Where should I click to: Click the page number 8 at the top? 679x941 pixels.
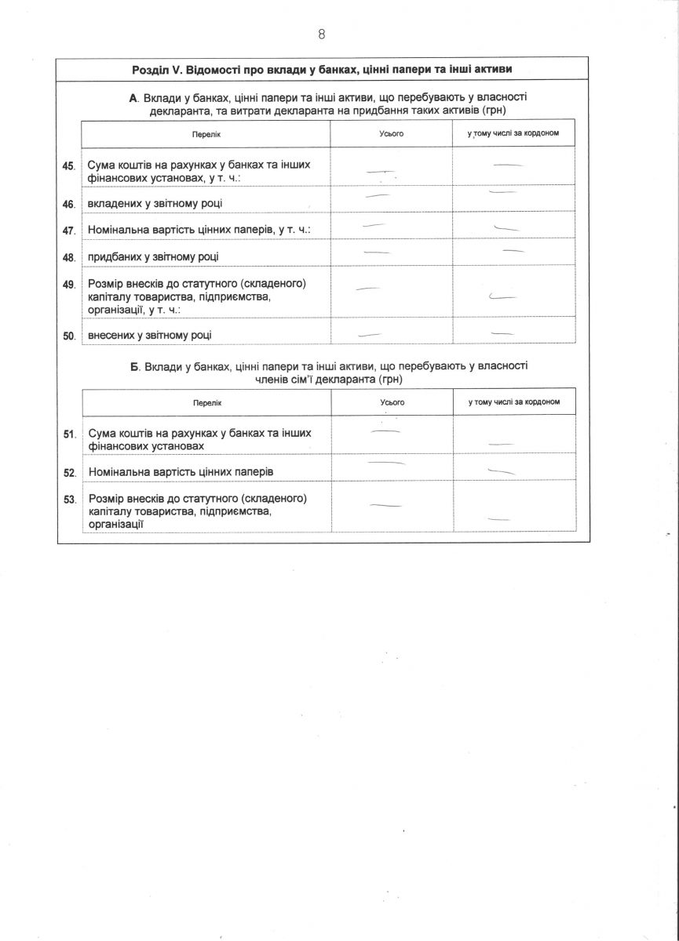pyautogui.click(x=322, y=34)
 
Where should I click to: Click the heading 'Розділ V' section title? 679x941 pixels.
pyautogui.click(x=323, y=70)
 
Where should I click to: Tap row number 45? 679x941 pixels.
pyautogui.click(x=68, y=166)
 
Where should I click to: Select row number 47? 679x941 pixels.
pyautogui.click(x=68, y=231)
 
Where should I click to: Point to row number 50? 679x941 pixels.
pyautogui.click(x=68, y=336)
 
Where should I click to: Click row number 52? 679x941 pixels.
pyautogui.click(x=69, y=473)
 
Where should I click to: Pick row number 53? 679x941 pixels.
pyautogui.click(x=69, y=499)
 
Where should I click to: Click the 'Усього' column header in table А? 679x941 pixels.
pyautogui.click(x=391, y=134)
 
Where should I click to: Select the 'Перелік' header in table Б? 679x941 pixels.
pyautogui.click(x=207, y=402)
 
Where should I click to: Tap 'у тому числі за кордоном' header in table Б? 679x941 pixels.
pyautogui.click(x=514, y=402)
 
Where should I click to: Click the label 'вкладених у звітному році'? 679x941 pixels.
pyautogui.click(x=155, y=204)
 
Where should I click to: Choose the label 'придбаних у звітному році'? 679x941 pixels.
pyautogui.click(x=153, y=256)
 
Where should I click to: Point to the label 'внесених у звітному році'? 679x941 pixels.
pyautogui.click(x=150, y=336)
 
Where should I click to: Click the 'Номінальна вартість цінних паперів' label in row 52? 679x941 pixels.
pyautogui.click(x=181, y=472)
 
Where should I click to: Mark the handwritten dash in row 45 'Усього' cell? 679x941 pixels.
pyautogui.click(x=380, y=172)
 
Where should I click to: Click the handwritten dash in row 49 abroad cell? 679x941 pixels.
pyautogui.click(x=502, y=297)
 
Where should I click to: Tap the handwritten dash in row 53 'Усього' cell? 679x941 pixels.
pyautogui.click(x=385, y=506)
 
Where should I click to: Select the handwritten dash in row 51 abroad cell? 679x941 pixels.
pyautogui.click(x=500, y=444)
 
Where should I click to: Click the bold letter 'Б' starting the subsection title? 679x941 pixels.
pyautogui.click(x=134, y=366)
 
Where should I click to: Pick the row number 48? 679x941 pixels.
pyautogui.click(x=68, y=257)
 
